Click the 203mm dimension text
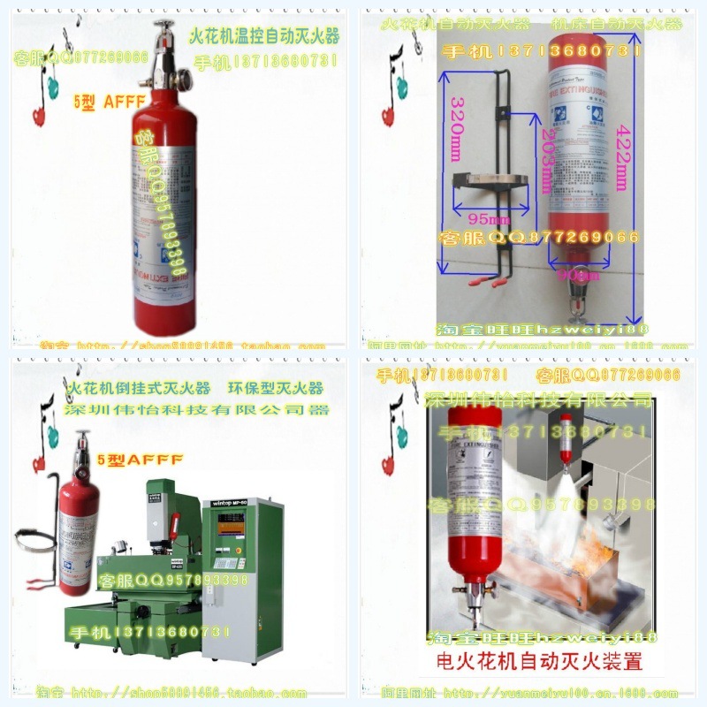[x=545, y=165]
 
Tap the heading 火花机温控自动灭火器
[x=263, y=38]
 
